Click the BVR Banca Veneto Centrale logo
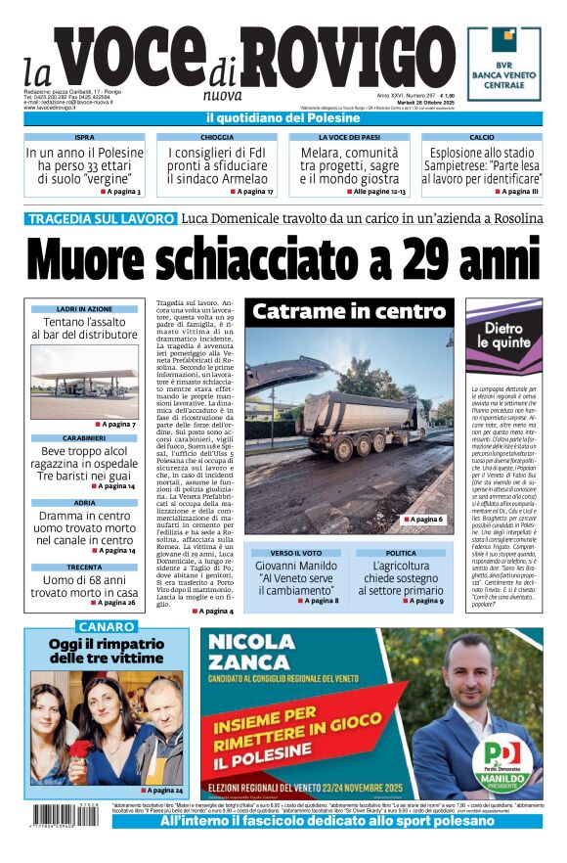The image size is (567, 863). [x=503, y=64]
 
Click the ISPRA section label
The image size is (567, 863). [x=85, y=138]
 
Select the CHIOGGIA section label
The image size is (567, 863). [x=217, y=138]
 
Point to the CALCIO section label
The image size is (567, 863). [x=482, y=138]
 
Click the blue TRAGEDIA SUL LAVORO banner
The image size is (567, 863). [x=101, y=218]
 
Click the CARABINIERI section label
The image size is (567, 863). [x=85, y=437]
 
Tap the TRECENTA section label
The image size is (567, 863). [x=85, y=567]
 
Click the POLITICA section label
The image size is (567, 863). [x=401, y=554]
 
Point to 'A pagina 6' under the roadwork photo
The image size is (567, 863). [x=421, y=520]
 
